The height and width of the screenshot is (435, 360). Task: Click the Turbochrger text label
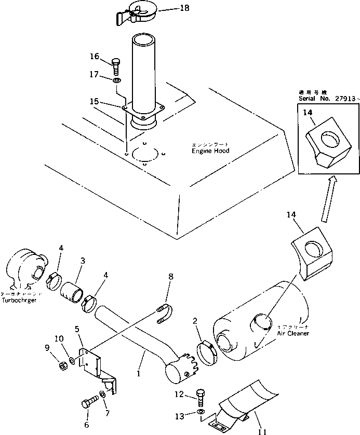(x=19, y=301)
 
